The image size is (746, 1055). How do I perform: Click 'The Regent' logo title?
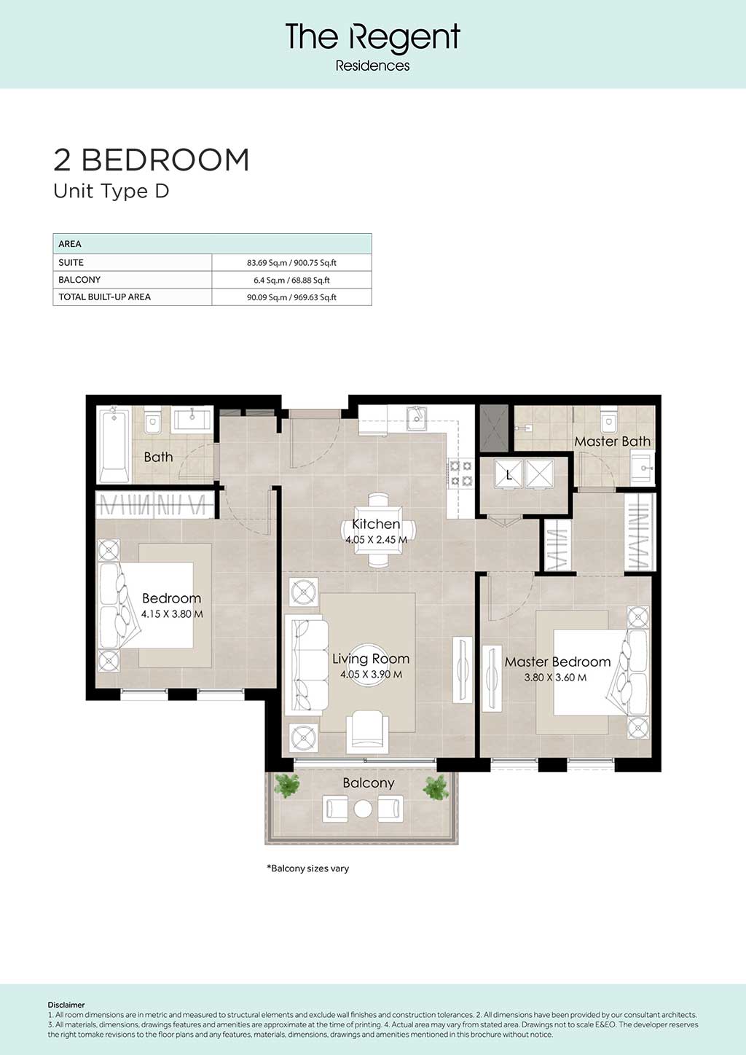(372, 37)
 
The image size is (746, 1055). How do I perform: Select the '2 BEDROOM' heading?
(152, 160)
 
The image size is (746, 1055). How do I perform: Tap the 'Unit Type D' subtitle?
(111, 191)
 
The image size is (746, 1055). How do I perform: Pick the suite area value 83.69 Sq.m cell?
(291, 263)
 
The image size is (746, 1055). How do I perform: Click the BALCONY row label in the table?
(79, 280)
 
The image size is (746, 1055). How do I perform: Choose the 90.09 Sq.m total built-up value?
(291, 297)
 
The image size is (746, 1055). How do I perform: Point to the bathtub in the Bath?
(114, 445)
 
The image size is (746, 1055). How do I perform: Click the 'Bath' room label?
(158, 457)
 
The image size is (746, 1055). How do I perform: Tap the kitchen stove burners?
(460, 474)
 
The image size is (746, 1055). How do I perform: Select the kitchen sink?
(416, 419)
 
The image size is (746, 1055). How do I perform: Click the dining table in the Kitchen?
(378, 530)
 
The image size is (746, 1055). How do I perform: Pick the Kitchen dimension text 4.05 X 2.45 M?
(377, 540)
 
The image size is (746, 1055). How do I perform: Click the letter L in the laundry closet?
(509, 475)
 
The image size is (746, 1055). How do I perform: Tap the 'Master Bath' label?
(612, 442)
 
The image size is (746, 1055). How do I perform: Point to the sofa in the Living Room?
(307, 664)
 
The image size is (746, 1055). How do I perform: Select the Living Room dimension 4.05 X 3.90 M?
(371, 675)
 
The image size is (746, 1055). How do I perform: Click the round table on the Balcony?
(363, 809)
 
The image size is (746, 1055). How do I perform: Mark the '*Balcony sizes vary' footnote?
(308, 868)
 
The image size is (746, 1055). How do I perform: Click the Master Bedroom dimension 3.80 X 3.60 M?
(555, 678)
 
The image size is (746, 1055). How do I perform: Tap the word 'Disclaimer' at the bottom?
(66, 1005)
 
